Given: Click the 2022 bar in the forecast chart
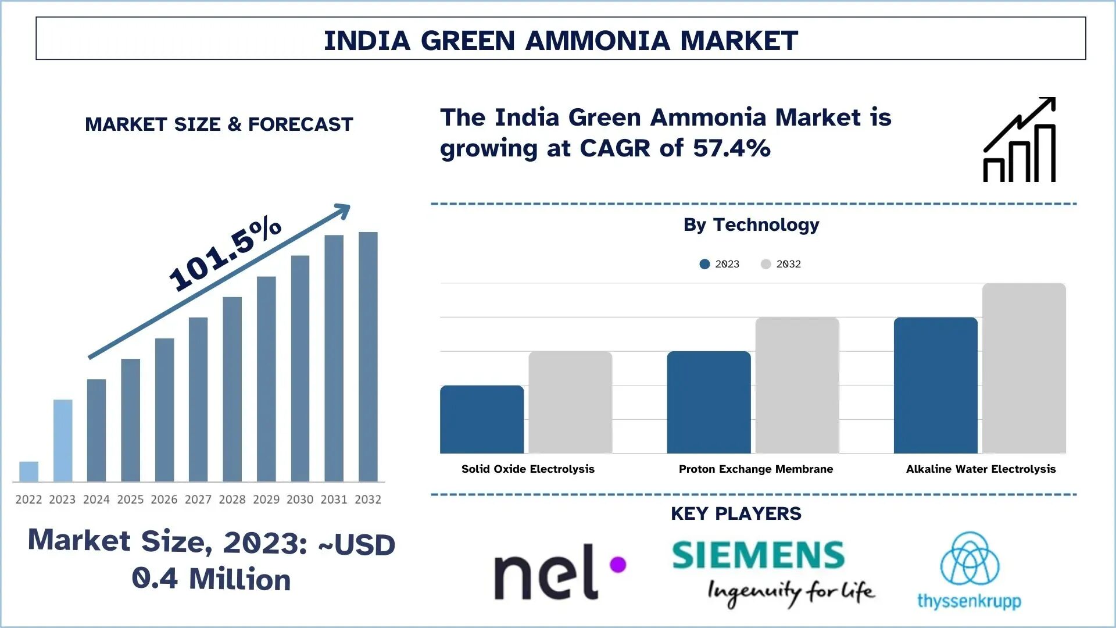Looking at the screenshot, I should coord(28,472).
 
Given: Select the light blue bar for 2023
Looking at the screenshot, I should coord(63,440).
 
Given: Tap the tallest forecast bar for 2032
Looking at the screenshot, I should coord(368,356).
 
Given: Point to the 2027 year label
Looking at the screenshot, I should coord(198,499).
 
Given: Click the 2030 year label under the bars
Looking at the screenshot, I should coord(300,499).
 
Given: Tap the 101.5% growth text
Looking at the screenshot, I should coord(225,253).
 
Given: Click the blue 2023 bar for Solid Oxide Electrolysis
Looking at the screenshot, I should coord(482,419).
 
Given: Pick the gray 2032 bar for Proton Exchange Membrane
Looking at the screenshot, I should coord(797,385).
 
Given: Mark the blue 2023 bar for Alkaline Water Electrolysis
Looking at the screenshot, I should coord(935,385).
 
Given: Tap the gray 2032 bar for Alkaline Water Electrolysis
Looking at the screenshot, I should coord(1024,368).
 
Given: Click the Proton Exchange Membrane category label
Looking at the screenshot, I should coord(756,469).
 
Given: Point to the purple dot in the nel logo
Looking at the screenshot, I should coord(618,564).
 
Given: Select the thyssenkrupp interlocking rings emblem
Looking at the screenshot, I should coord(970,559).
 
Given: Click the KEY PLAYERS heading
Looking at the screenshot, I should coord(736,513).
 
